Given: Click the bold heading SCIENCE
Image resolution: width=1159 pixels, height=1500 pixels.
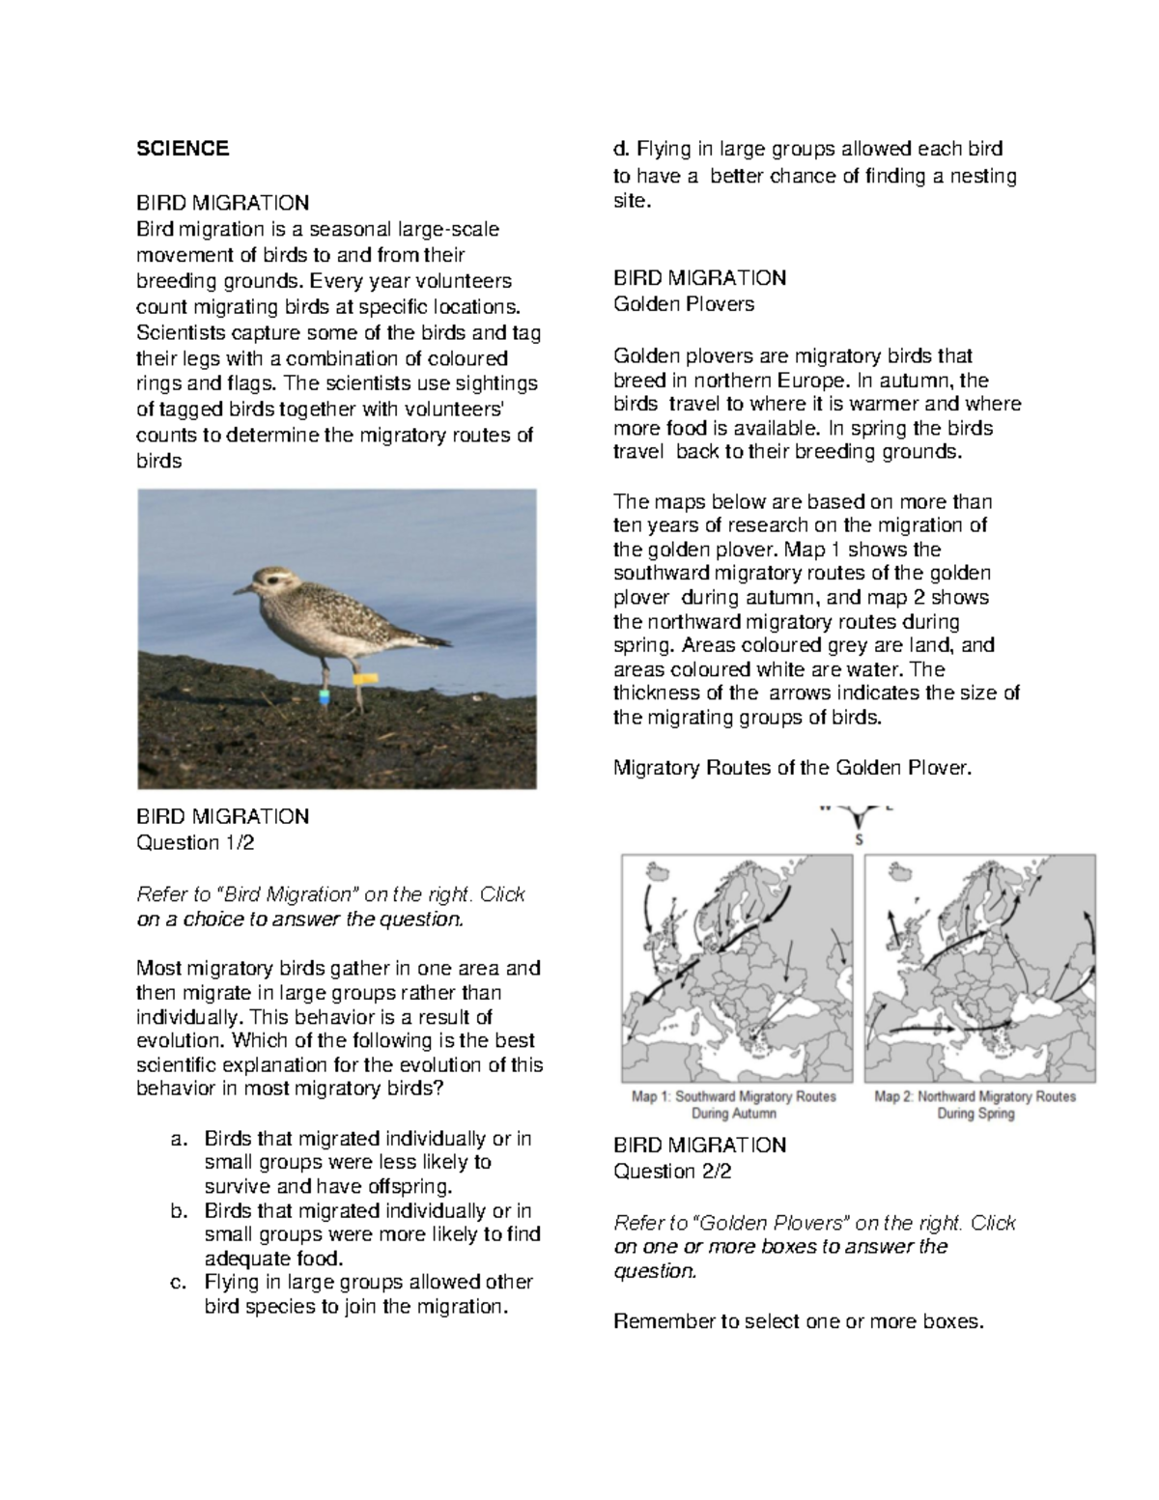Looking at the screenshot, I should pyautogui.click(x=183, y=148).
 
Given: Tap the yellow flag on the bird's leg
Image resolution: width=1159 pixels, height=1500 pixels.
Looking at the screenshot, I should pyautogui.click(x=365, y=679).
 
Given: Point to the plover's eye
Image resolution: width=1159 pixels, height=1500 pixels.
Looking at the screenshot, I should pyautogui.click(x=268, y=580).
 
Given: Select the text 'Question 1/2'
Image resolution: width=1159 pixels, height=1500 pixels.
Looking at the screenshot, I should pyautogui.click(x=195, y=842).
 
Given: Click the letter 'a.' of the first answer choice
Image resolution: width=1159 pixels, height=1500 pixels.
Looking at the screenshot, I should pyautogui.click(x=177, y=1139).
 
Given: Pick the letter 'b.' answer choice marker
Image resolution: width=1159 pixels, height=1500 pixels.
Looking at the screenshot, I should pyautogui.click(x=177, y=1211).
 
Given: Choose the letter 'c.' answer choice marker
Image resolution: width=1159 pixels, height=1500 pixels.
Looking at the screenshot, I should pyautogui.click(x=177, y=1283).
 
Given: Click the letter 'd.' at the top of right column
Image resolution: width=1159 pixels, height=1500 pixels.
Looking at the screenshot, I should pyautogui.click(x=620, y=149).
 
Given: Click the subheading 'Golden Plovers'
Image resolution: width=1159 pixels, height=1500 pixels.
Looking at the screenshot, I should pyautogui.click(x=684, y=304).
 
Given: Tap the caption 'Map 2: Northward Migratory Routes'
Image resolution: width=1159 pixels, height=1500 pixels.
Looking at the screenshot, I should pyautogui.click(x=975, y=1096).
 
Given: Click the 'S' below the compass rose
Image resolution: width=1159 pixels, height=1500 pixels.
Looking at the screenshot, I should pyautogui.click(x=859, y=839).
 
